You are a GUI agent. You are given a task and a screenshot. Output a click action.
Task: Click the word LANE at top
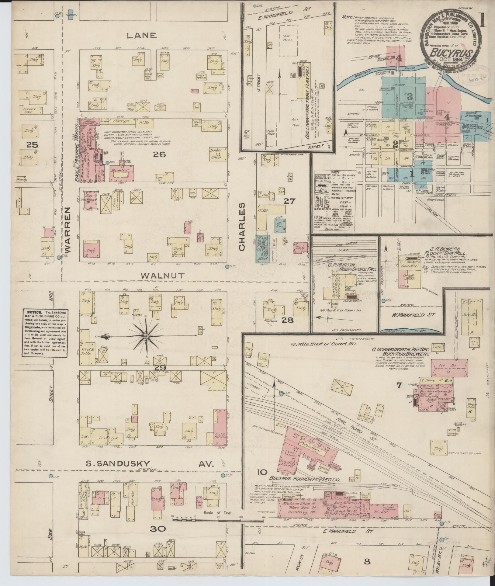tap(142, 36)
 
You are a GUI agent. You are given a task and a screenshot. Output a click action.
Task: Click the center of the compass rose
tap(146, 336)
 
